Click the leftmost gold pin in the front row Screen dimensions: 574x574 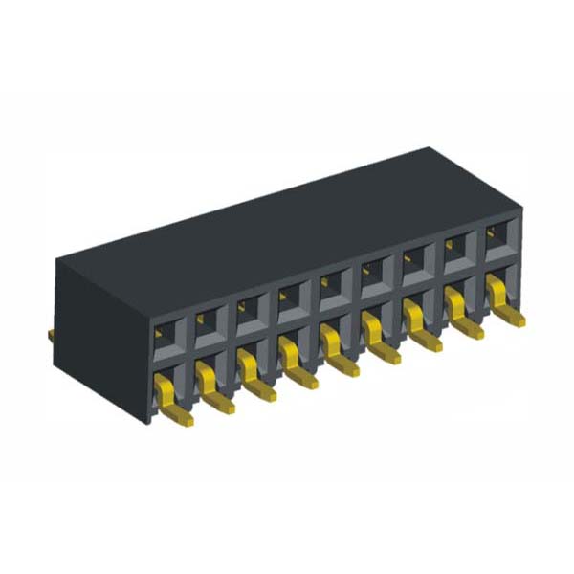pyautogui.click(x=169, y=398)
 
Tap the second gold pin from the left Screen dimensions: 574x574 pyautogui.click(x=210, y=386)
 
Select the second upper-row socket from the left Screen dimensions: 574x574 pyautogui.click(x=208, y=323)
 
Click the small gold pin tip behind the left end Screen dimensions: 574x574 pyautogui.click(x=50, y=334)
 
